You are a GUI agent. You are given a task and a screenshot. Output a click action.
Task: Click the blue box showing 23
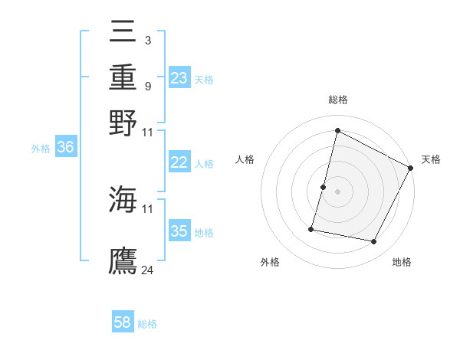(x=179, y=78)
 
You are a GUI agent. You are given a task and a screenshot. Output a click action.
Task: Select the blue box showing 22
(x=179, y=162)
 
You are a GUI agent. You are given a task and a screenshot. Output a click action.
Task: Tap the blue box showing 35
(x=179, y=231)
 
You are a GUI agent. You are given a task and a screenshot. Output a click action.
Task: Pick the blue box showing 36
(x=64, y=148)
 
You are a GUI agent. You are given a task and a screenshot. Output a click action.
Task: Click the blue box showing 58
(x=123, y=322)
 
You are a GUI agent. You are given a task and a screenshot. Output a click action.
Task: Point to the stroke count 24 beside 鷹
(x=148, y=270)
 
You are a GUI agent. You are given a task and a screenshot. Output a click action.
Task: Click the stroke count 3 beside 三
(x=147, y=39)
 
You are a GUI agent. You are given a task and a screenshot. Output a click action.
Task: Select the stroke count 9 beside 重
(x=147, y=86)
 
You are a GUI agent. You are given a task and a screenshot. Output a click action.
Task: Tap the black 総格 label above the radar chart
(x=337, y=100)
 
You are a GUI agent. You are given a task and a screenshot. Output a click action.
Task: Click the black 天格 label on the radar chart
(x=431, y=159)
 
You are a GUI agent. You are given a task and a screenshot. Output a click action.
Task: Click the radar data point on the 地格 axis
(x=374, y=242)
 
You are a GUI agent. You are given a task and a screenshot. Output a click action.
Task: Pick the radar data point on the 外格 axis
(x=312, y=229)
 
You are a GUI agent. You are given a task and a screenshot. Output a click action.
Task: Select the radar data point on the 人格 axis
(x=324, y=187)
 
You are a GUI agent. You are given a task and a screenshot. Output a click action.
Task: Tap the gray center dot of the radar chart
(x=337, y=191)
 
